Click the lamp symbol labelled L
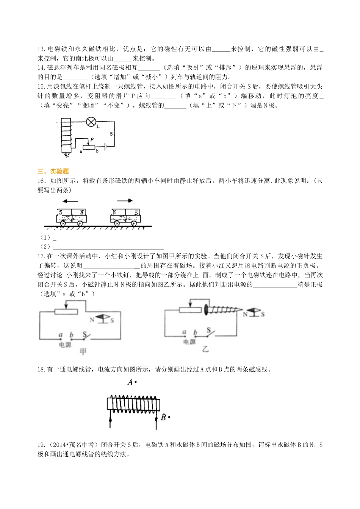[x=91, y=122]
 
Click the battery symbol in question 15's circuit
[x=107, y=146]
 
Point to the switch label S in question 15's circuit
[x=111, y=134]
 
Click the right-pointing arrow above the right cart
[x=125, y=201]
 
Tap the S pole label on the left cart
[x=61, y=212]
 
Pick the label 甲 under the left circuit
[x=83, y=351]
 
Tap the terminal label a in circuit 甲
[x=60, y=334]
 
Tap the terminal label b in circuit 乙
[x=196, y=333]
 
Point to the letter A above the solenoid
[x=130, y=382]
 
